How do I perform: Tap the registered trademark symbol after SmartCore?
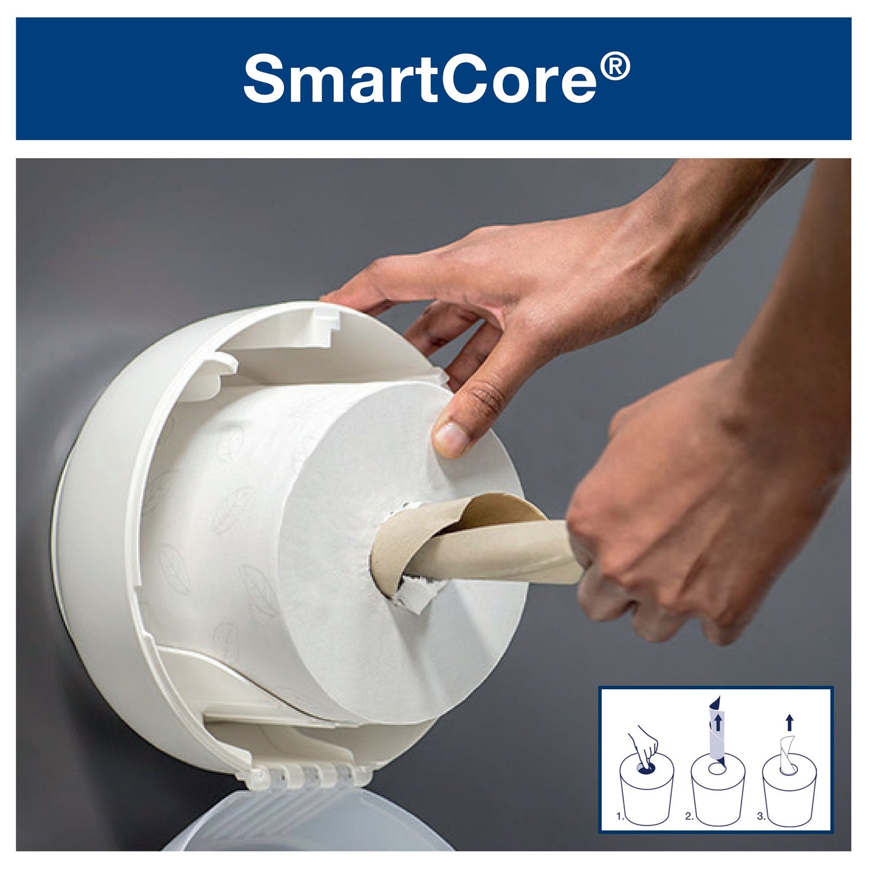pos(615,66)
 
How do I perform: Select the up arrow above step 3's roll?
pos(789,722)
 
